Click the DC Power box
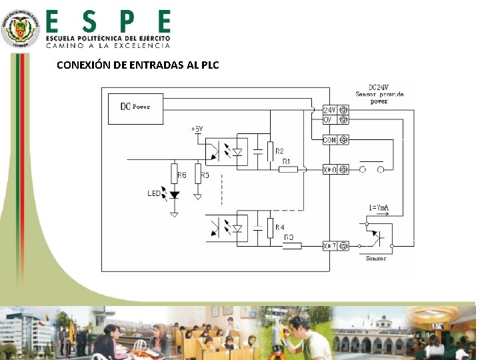[135, 107]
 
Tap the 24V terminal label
[329, 109]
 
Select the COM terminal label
[329, 140]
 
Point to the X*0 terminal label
[329, 170]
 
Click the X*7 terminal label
[329, 246]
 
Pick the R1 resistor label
[287, 161]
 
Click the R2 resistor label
[280, 151]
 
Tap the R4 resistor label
[281, 227]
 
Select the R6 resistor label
[182, 176]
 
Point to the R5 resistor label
[205, 176]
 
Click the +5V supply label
[197, 128]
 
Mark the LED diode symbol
[175, 195]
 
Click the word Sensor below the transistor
[376, 258]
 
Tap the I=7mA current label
[379, 209]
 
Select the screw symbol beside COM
[343, 140]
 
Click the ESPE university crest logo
[20, 28]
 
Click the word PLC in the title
[209, 65]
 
